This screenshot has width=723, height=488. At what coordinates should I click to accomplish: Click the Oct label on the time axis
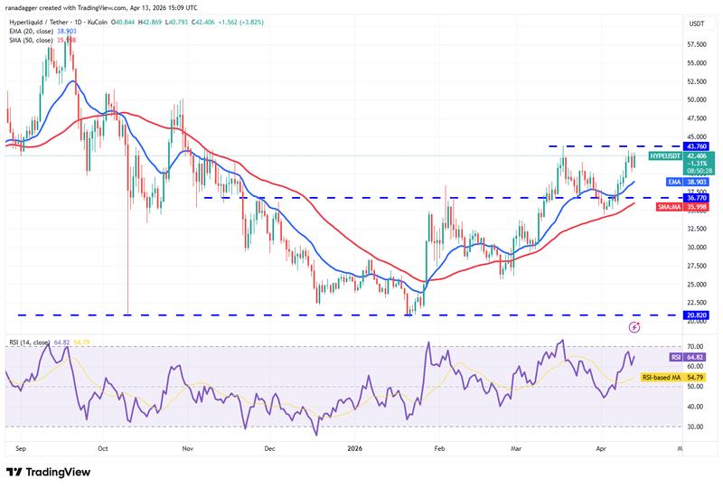coord(102,447)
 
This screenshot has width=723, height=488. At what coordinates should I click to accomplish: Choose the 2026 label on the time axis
coord(353,447)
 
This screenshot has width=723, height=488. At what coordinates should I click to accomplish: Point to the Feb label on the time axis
coord(439,447)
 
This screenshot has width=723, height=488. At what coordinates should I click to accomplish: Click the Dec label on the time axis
coord(269,447)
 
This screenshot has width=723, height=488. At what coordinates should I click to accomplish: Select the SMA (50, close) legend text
coord(32,41)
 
